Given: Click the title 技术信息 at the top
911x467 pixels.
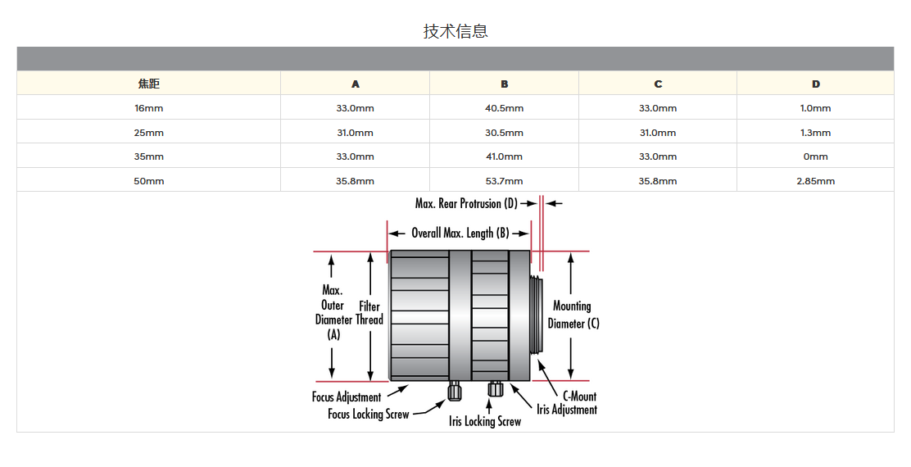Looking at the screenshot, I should (455, 31).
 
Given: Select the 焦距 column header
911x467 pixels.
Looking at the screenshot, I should (148, 84).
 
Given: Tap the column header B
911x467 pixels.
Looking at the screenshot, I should (504, 84).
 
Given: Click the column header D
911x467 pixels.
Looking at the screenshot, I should (815, 84).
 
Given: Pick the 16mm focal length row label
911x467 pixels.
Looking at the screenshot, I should (148, 108).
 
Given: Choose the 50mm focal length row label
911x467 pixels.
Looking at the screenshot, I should (148, 181).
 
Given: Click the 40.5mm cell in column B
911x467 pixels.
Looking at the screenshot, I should (504, 108).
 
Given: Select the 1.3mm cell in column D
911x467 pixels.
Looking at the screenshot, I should (815, 133).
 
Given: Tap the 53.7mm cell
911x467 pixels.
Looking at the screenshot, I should (504, 181).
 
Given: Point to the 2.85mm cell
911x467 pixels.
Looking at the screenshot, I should (815, 181).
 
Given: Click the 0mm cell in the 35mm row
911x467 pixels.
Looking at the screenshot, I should (815, 156).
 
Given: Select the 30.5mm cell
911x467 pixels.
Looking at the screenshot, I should (504, 133).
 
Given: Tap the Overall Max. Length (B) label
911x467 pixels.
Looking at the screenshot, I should (460, 233).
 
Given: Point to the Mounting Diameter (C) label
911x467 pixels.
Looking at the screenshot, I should (573, 315).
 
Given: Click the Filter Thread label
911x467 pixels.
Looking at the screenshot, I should (369, 313).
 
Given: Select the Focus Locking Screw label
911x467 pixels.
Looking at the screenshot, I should (368, 415).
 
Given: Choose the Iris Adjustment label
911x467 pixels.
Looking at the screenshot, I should (567, 410).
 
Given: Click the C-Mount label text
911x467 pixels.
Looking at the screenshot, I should (580, 397).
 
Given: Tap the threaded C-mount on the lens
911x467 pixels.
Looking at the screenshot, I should (537, 315).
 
